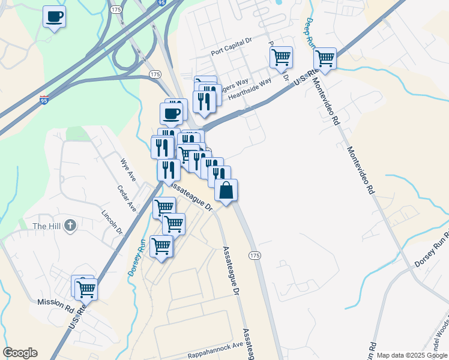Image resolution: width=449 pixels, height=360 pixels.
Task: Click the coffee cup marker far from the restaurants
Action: (x=55, y=17)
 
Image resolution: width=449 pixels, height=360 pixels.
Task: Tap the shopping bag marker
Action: (x=226, y=190)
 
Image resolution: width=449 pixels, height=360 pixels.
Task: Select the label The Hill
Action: (x=47, y=226)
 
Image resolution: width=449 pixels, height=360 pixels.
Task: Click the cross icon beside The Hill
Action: (x=70, y=226)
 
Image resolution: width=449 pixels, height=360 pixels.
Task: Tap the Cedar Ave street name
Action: (x=127, y=197)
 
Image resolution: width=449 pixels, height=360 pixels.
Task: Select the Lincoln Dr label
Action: (x=112, y=222)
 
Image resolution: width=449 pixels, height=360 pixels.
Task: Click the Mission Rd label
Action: (x=55, y=304)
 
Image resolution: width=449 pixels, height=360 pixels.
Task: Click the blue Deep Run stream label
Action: (x=311, y=29)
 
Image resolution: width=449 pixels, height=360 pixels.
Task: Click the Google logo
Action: (x=20, y=353)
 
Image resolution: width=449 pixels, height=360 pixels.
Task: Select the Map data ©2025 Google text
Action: (x=412, y=355)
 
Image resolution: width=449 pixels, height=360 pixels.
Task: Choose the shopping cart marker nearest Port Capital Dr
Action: (x=281, y=58)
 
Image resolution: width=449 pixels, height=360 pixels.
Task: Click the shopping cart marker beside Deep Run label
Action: (x=325, y=59)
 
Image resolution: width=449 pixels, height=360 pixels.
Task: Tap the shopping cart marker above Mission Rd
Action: (x=86, y=289)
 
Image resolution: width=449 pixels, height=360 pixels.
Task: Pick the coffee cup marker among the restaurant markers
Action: (x=171, y=113)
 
